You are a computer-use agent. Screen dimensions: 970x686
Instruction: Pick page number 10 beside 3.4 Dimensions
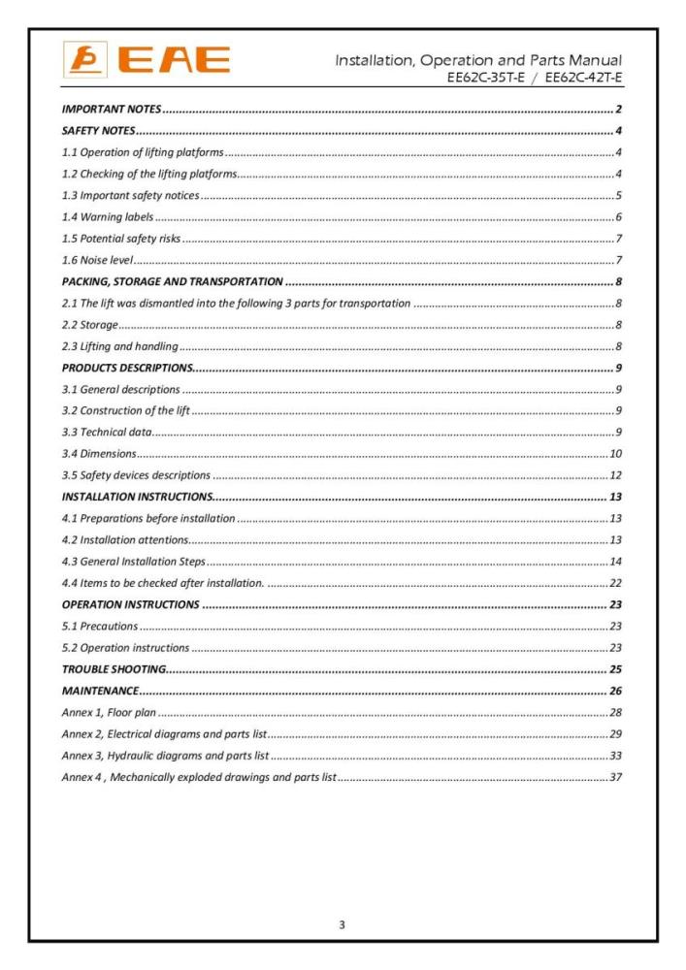pos(615,454)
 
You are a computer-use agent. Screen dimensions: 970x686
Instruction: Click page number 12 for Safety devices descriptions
pos(615,475)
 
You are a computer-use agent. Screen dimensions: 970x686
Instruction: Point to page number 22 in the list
pos(615,584)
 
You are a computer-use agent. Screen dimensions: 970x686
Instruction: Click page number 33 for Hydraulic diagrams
pos(615,757)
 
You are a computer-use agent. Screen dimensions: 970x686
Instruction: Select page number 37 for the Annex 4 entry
pos(615,778)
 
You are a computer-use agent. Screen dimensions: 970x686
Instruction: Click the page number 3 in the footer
pos(342,924)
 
